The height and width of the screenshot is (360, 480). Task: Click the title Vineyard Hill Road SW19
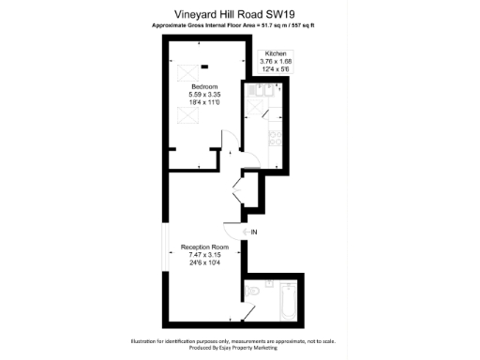(239, 14)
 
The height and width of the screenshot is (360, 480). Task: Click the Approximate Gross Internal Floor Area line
(239, 26)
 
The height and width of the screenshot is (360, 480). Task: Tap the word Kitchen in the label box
(276, 54)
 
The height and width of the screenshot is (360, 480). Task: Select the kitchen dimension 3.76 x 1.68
(276, 62)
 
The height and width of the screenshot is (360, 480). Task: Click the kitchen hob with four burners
(275, 142)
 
